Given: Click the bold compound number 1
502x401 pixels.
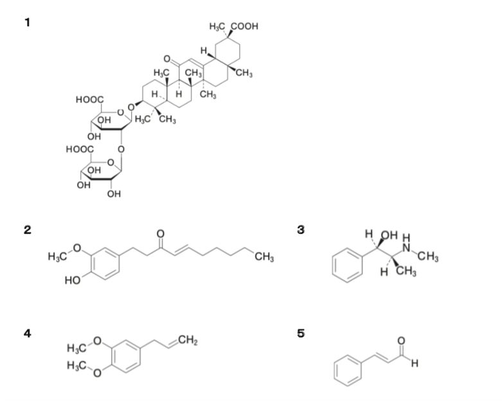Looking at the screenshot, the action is click(28, 22).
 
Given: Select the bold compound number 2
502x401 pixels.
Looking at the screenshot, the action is click(28, 229).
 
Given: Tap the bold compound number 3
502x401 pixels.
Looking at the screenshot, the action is click(301, 229).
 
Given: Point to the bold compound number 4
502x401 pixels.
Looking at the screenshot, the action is click(28, 333).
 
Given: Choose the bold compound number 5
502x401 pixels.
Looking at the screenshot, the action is click(301, 333).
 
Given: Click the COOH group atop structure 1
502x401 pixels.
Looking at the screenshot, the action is click(244, 26).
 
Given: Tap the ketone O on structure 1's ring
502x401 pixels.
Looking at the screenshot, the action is click(167, 59).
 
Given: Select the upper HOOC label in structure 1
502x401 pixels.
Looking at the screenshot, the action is click(89, 100).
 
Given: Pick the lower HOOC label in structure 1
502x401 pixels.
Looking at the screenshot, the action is click(80, 149).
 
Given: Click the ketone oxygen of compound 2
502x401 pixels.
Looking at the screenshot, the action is click(161, 234).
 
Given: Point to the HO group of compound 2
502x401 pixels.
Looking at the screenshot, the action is click(73, 280).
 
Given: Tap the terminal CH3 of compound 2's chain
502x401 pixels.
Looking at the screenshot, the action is click(264, 257).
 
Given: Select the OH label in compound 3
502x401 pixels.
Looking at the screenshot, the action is click(389, 235).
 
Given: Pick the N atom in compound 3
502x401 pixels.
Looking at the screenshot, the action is click(406, 247).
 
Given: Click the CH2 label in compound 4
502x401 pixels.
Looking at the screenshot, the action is click(188, 340).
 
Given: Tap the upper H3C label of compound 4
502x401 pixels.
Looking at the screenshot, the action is click(76, 348).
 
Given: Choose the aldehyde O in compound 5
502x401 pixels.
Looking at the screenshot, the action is click(401, 341).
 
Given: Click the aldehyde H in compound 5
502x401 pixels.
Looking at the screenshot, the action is click(415, 363).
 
